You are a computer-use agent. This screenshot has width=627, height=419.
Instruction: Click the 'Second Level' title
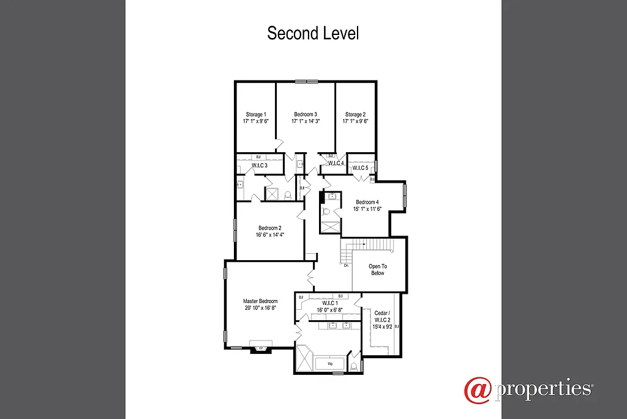(313, 33)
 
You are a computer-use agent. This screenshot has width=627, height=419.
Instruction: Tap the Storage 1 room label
(256, 114)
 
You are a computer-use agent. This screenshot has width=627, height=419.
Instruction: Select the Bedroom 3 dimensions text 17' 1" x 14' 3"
(305, 121)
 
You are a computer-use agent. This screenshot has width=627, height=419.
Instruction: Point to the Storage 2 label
(355, 114)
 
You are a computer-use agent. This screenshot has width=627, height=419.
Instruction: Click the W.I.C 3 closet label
(260, 166)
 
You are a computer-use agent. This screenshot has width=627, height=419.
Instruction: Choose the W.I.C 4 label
(336, 163)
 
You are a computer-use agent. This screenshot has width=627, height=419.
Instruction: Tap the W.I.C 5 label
(360, 168)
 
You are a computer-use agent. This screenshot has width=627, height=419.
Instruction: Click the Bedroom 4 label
(367, 202)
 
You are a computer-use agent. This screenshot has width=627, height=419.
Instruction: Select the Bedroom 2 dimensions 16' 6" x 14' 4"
(270, 234)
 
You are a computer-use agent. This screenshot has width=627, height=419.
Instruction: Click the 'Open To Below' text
(378, 269)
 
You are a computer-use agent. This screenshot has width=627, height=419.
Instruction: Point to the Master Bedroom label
(260, 301)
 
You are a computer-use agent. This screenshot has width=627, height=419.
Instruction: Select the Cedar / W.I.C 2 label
(381, 320)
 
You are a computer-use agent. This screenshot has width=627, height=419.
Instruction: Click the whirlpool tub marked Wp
(329, 363)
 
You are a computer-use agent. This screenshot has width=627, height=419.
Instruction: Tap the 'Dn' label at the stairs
(346, 265)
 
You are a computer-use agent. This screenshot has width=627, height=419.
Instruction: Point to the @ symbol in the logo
(477, 390)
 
